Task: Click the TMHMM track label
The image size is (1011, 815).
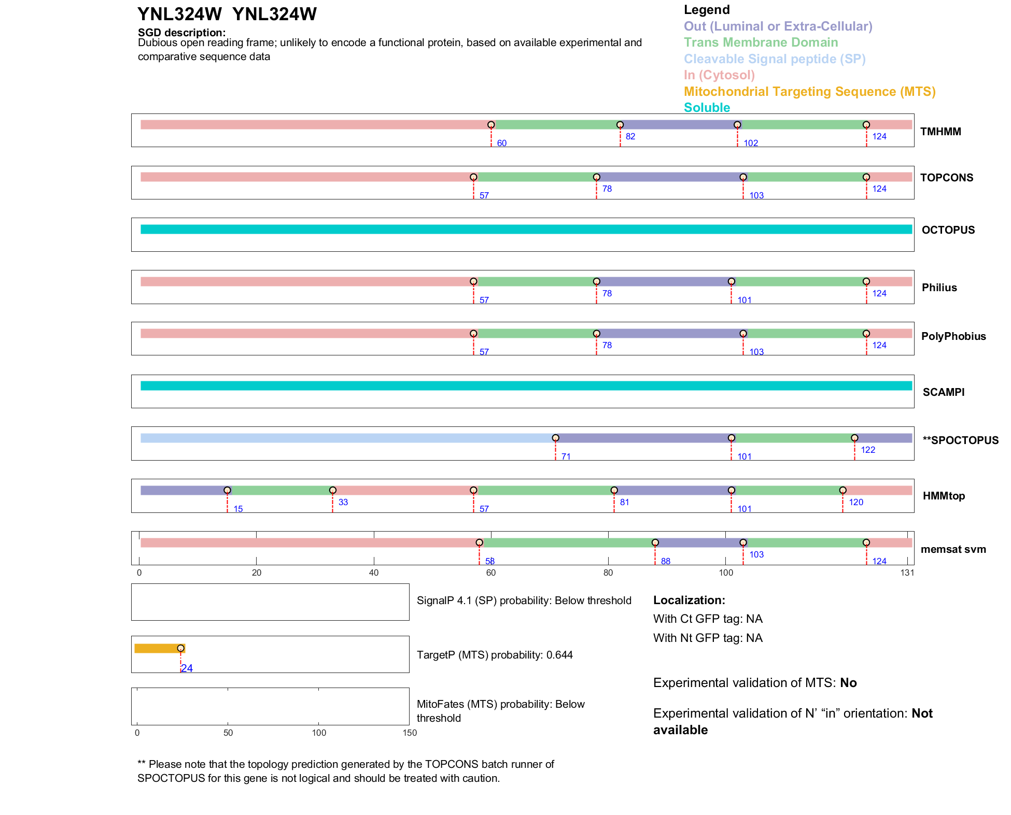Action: point(940,132)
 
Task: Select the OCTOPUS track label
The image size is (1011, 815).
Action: point(948,230)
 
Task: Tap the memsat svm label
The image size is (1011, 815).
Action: point(953,549)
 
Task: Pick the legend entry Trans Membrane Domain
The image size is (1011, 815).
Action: point(761,42)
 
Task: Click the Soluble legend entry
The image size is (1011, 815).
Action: point(707,108)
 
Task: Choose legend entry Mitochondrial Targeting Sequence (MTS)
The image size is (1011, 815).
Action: point(809,92)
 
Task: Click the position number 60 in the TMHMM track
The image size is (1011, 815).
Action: point(501,143)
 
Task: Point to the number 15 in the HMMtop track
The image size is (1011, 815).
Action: point(238,509)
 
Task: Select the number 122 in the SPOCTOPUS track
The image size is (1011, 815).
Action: point(868,450)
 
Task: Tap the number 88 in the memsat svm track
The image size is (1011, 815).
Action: point(666,561)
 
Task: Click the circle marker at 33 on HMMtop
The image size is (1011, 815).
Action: point(333,490)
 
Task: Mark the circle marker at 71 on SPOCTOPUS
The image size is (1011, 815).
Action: point(555,438)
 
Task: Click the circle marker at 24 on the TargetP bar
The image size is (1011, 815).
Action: point(180,648)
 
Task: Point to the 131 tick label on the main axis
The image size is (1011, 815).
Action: point(907,573)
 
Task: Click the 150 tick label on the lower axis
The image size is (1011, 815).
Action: point(410,733)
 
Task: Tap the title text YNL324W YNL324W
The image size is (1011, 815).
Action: point(227,15)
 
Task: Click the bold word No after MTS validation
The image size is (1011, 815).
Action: point(848,683)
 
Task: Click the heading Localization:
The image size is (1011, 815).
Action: point(689,600)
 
